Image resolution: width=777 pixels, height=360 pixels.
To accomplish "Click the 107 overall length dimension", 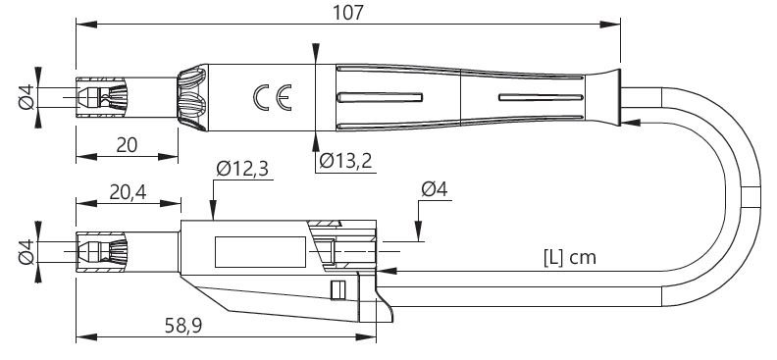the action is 347,13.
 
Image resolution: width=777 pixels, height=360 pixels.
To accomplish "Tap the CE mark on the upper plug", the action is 272,97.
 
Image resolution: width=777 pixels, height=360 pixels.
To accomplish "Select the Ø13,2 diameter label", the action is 345,161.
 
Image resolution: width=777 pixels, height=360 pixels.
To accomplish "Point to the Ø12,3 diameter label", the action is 242,169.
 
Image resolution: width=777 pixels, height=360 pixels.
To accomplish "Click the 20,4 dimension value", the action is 128,192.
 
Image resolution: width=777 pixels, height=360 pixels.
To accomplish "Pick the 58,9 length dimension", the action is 183,326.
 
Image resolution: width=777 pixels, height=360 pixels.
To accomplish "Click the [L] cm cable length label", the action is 569,258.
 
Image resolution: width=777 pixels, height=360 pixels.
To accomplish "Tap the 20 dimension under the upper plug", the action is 127,145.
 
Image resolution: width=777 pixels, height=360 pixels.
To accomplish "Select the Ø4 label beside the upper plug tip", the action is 26,97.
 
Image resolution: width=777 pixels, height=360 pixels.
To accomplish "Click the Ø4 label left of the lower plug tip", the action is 26,251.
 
